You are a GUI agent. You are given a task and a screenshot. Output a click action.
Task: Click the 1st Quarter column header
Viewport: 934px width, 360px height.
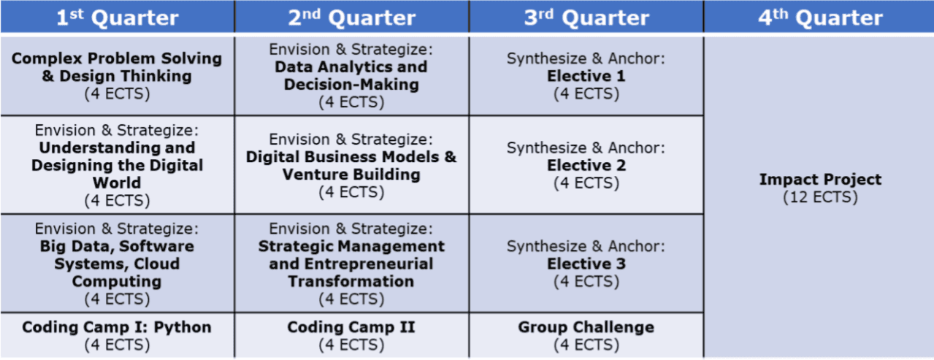click(117, 17)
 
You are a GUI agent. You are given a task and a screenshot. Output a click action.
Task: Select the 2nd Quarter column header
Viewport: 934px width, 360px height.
click(351, 17)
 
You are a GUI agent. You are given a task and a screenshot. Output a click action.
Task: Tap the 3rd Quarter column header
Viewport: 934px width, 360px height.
click(586, 17)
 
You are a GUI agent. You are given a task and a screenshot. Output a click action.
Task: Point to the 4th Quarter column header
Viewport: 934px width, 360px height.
click(819, 17)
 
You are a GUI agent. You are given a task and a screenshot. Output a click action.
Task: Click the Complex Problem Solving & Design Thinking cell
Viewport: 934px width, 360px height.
click(117, 76)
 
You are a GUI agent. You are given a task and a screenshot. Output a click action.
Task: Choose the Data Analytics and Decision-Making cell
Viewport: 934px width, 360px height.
click(351, 76)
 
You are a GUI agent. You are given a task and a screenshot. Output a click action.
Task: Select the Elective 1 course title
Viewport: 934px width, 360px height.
click(586, 76)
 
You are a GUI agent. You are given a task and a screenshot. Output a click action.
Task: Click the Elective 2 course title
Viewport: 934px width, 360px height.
click(586, 165)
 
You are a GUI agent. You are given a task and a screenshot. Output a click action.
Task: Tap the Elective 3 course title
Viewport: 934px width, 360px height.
click(586, 264)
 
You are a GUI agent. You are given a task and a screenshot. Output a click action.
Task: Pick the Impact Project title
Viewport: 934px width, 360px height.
click(820, 180)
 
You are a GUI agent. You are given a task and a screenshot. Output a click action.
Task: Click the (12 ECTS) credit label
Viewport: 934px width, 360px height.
click(820, 197)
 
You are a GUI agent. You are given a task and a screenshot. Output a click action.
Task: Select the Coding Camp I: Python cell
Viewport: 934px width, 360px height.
click(117, 335)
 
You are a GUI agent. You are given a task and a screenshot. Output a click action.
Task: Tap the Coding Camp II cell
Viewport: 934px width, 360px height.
click(351, 335)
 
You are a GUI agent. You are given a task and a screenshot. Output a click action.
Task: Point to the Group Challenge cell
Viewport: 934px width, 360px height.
click(586, 335)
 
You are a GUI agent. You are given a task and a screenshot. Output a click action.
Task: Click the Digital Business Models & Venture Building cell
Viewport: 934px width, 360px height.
click(351, 165)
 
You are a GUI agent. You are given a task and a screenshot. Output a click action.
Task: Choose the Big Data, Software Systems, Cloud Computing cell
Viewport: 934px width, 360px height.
click(117, 264)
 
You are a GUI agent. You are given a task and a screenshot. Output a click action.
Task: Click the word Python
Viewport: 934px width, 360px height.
click(183, 328)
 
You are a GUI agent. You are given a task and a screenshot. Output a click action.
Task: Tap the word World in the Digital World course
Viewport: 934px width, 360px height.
click(117, 183)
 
